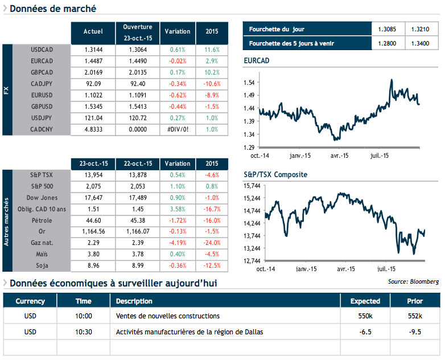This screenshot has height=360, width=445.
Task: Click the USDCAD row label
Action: click(42, 50)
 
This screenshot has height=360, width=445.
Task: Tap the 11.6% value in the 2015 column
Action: click(212, 50)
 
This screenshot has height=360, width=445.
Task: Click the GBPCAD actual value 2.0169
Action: click(93, 72)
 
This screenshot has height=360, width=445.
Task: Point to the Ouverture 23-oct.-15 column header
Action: click(137, 32)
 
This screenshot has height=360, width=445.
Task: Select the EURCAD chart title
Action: click(256, 60)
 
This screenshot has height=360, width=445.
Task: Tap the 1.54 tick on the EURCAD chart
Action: click(249, 83)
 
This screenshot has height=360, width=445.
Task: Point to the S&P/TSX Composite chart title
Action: click(275, 174)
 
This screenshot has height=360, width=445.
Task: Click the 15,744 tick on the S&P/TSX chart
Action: click(252, 186)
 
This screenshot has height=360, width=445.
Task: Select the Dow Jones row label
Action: click(41, 198)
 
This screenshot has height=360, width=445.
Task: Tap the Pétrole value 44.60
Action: click(93, 220)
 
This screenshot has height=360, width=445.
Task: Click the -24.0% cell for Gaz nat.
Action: click(212, 243)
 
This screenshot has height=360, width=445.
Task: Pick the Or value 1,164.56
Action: click(93, 232)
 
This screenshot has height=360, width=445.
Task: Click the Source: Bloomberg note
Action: click(413, 281)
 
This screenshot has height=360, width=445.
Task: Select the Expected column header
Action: click(365, 301)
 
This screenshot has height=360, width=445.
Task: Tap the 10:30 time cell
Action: click(84, 332)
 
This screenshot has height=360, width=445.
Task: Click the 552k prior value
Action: click(415, 316)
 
